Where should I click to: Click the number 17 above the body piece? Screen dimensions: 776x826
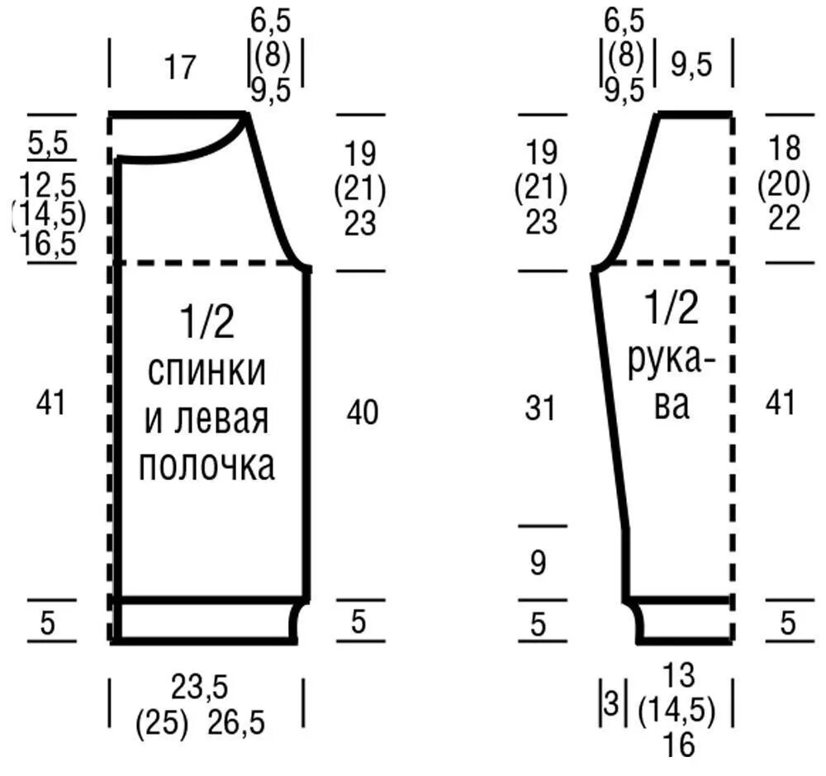pyautogui.click(x=180, y=68)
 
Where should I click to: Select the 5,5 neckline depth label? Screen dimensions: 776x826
pyautogui.click(x=49, y=145)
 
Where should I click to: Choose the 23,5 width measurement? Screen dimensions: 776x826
pyautogui.click(x=200, y=687)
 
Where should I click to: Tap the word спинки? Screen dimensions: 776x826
pyautogui.click(x=206, y=371)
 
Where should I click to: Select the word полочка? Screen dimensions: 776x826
pyautogui.click(x=206, y=467)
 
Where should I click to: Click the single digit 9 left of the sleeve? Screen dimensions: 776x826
pyautogui.click(x=538, y=564)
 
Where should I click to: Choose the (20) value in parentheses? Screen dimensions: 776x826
pyautogui.click(x=781, y=184)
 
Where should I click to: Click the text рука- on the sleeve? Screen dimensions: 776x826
pyautogui.click(x=671, y=364)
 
